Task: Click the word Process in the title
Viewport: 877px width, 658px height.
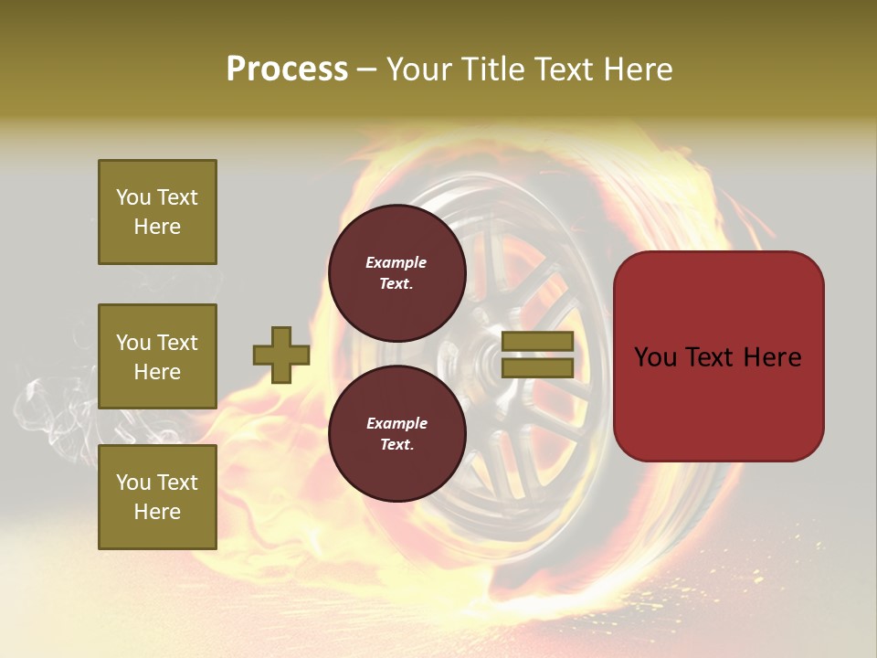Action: (287, 69)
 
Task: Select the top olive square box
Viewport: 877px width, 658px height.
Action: (157, 212)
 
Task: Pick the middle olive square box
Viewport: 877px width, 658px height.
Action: (157, 356)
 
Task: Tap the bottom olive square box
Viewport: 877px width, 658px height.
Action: (157, 497)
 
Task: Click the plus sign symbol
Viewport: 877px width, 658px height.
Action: (281, 355)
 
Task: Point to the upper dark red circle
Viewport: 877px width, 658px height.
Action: (396, 272)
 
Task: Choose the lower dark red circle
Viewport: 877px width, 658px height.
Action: (396, 433)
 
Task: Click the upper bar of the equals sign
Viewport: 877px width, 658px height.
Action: (537, 341)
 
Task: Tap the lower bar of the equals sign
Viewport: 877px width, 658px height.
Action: (537, 367)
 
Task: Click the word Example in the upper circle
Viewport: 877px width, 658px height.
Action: (396, 262)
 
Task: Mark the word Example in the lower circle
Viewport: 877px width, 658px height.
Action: (396, 423)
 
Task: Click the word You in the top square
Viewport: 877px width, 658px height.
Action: (133, 197)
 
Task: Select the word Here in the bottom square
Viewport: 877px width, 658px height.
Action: (157, 512)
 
